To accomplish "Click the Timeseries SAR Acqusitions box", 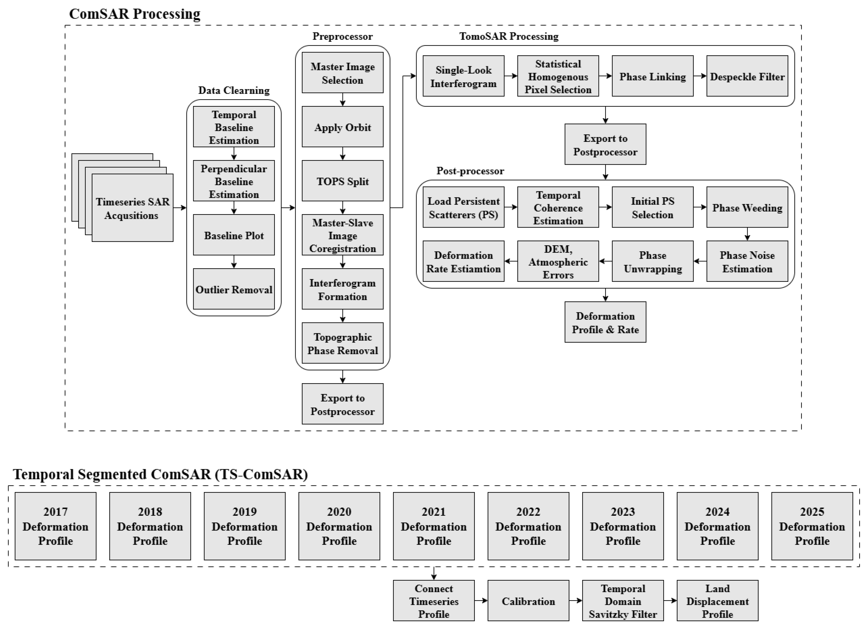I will tap(132, 208).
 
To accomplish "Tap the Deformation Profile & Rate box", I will tap(605, 322).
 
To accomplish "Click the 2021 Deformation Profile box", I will tap(433, 526).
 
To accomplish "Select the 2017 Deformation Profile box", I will tap(56, 526).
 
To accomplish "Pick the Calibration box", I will tap(528, 601).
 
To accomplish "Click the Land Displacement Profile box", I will tap(717, 601).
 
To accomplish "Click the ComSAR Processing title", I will tap(134, 14).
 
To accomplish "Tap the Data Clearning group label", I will tap(234, 90).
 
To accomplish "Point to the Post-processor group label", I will tap(470, 171).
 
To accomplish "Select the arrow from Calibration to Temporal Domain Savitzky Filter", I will tap(575, 601).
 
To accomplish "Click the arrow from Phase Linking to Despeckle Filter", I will tap(700, 76).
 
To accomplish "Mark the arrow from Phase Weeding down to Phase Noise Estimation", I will tap(747, 234).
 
